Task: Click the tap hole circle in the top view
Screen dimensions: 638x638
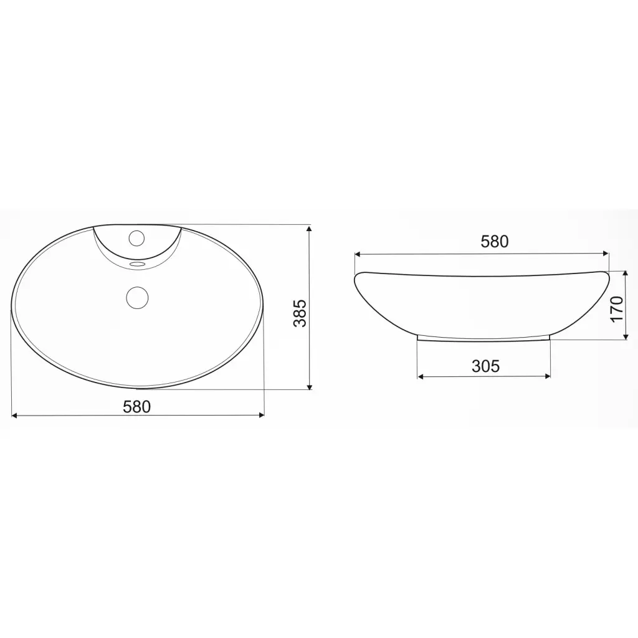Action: [136, 238]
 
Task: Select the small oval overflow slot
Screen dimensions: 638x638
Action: [137, 265]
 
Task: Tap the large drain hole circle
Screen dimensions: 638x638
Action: [138, 297]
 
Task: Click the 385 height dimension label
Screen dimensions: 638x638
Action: [300, 313]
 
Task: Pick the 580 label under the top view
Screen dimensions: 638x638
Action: [136, 406]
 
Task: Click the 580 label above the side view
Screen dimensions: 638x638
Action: [494, 242]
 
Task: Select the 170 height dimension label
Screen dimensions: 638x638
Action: [617, 309]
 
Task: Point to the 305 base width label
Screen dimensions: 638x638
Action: [485, 366]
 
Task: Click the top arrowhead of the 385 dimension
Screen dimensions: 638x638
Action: [310, 229]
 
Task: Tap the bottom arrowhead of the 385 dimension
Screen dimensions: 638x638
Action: [310, 386]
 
